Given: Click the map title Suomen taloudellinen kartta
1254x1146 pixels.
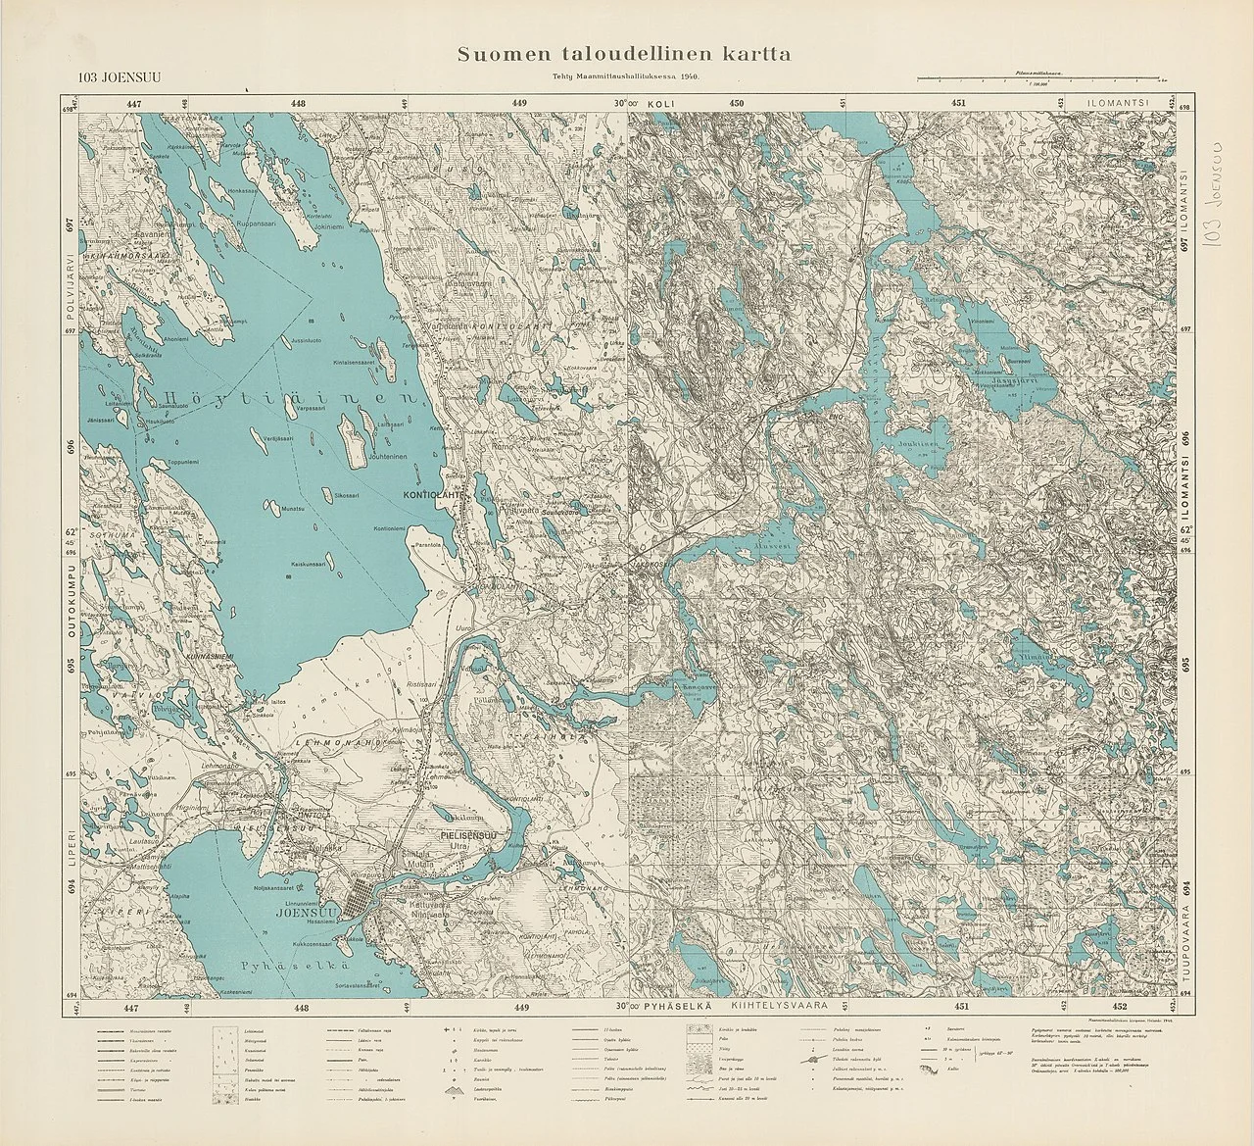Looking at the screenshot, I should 624,55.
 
